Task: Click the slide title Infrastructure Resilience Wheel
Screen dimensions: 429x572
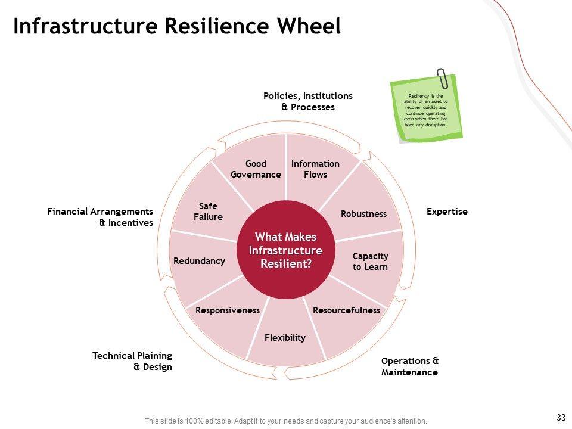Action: (x=176, y=26)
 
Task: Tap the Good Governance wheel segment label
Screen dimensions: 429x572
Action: (x=256, y=169)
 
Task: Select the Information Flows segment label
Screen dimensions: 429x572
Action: (x=315, y=169)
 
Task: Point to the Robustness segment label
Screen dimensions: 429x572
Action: (x=363, y=214)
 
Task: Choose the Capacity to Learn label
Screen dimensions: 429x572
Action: (x=370, y=262)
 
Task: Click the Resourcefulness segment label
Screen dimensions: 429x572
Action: (x=346, y=310)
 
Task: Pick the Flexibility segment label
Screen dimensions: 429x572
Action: (x=285, y=338)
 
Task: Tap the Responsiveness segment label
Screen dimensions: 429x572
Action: (x=228, y=310)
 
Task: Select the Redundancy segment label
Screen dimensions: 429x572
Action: (x=199, y=261)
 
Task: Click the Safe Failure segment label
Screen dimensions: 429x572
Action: (x=208, y=212)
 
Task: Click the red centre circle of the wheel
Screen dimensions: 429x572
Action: (x=285, y=250)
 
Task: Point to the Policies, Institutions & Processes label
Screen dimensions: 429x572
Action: (x=308, y=101)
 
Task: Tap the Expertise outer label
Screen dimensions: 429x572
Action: (x=447, y=212)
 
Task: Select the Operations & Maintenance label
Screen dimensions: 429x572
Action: (x=410, y=366)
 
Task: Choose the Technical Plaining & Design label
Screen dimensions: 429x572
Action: (x=132, y=361)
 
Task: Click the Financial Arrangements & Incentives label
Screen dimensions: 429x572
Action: (x=100, y=217)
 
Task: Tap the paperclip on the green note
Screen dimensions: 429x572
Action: (x=443, y=78)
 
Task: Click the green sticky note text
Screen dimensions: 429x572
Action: (x=425, y=110)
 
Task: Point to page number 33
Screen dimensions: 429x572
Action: (x=560, y=416)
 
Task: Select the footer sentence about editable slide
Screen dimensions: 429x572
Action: (x=286, y=421)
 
